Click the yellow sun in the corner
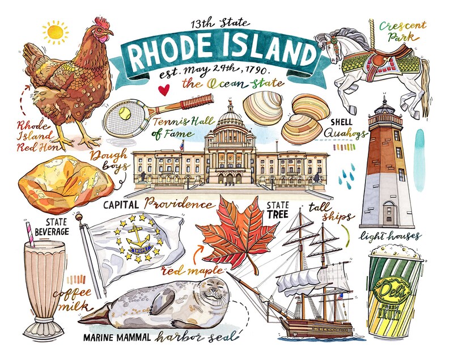click(54, 32)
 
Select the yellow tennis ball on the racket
click(124, 113)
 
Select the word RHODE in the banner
click(173, 54)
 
